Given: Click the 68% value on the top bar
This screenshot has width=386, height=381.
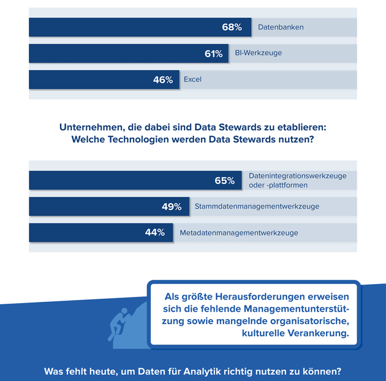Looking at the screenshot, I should (232, 28).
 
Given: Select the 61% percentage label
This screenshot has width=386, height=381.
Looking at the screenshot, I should (213, 54).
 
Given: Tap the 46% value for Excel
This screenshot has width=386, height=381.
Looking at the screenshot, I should (162, 80).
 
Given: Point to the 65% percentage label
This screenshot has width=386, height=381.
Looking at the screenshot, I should (224, 180).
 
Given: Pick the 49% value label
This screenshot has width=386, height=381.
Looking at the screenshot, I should (172, 207).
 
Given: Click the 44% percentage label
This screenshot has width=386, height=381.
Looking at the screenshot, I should (154, 233).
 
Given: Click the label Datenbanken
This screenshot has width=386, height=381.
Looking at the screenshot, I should (281, 28).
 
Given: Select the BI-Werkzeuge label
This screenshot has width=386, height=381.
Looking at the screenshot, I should (259, 53).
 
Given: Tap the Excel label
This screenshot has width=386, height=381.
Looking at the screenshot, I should (192, 80).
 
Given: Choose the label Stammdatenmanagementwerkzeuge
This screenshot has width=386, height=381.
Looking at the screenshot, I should (257, 207).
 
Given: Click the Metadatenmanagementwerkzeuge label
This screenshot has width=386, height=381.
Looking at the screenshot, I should (239, 233).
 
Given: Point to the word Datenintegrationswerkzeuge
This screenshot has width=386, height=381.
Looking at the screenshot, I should (297, 175).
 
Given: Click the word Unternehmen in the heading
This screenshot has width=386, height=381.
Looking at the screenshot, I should (91, 128).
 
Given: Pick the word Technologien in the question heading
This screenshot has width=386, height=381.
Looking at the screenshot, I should (138, 140).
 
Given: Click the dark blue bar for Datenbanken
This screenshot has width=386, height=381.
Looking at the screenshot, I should (123, 28).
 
